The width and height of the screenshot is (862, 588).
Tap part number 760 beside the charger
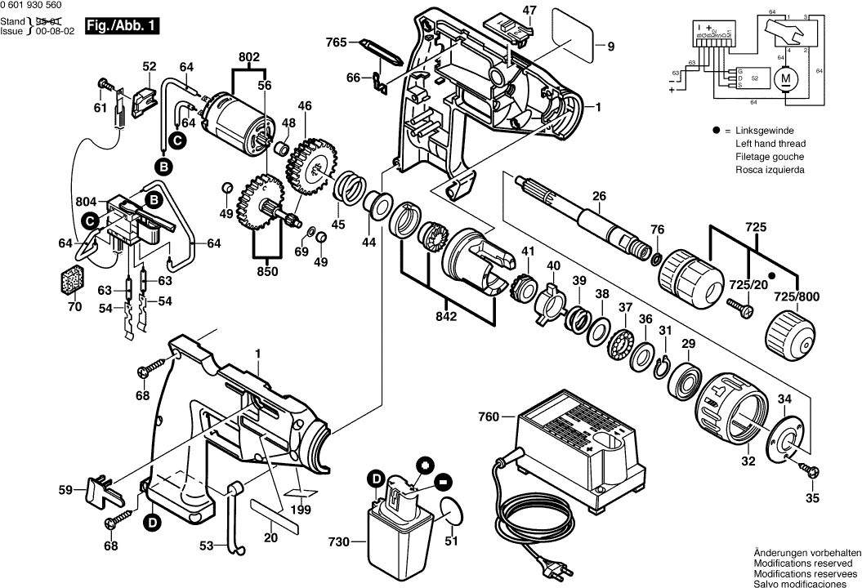pos(489,417)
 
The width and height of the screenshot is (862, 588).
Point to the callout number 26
pos(599,195)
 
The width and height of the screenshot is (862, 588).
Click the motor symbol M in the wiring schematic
pos(787,78)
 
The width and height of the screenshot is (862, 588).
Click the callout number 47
pos(529,11)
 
